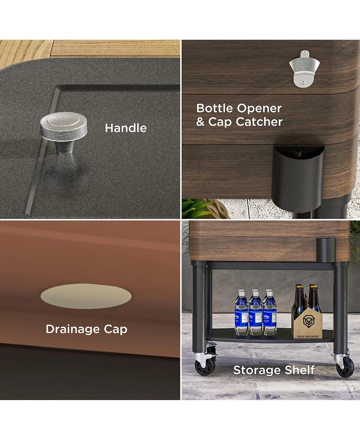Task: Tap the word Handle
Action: (126, 128)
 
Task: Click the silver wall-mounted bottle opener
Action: (304, 68)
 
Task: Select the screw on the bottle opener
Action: (303, 82)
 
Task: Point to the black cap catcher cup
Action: (298, 177)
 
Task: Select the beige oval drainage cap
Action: (86, 296)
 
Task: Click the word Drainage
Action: (73, 329)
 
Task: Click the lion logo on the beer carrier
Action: (310, 322)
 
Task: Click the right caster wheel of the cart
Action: (345, 367)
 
